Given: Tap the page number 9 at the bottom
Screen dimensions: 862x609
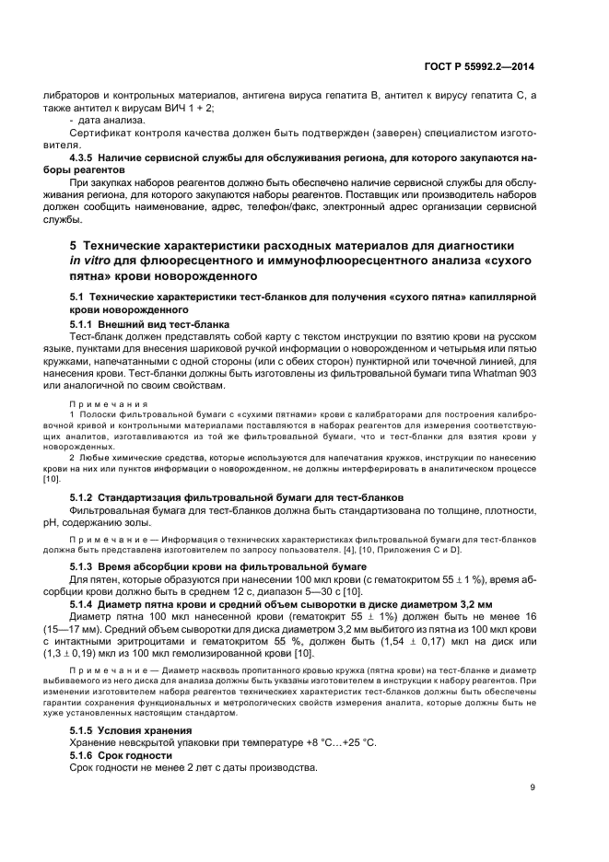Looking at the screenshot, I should point(532,786).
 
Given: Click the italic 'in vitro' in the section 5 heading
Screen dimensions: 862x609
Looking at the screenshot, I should point(90,261).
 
